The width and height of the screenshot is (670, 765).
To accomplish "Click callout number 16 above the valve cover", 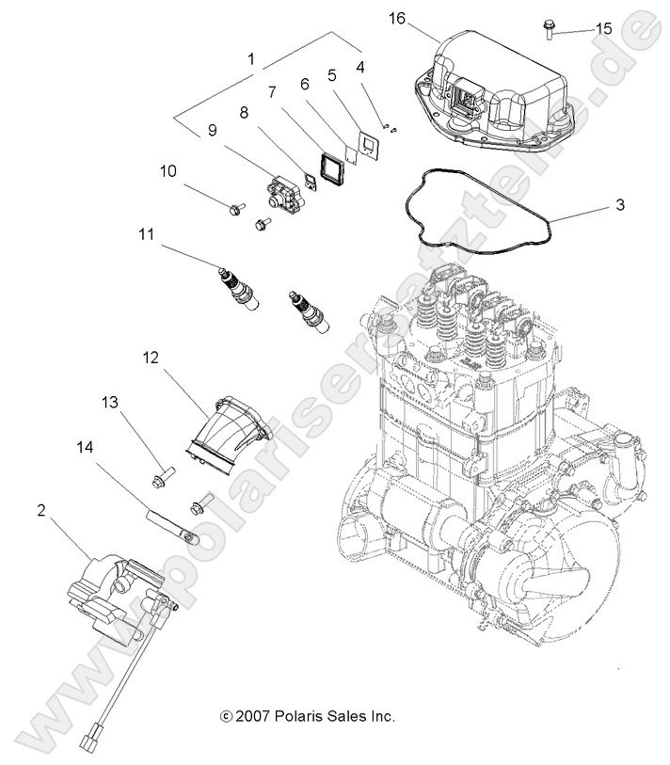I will (397, 18).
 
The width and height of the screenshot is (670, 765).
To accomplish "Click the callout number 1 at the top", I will (251, 58).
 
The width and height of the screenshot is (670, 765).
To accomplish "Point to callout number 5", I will (332, 72).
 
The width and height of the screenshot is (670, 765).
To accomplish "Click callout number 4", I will (362, 68).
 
